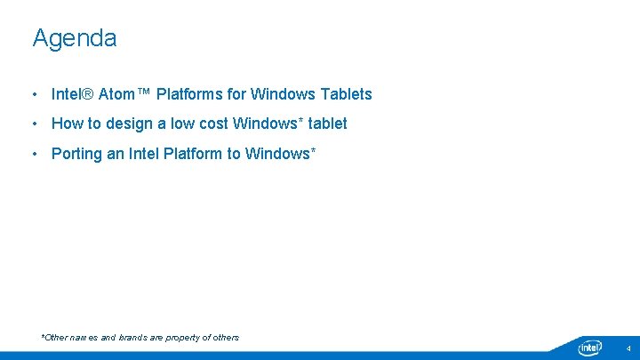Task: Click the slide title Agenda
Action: click(x=75, y=38)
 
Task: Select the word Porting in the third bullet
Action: click(x=76, y=154)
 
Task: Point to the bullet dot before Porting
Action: click(x=34, y=154)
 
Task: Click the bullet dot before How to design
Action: click(x=34, y=124)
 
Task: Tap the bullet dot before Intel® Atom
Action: click(x=34, y=94)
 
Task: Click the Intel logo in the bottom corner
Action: click(x=590, y=348)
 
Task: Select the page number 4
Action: click(x=628, y=348)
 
